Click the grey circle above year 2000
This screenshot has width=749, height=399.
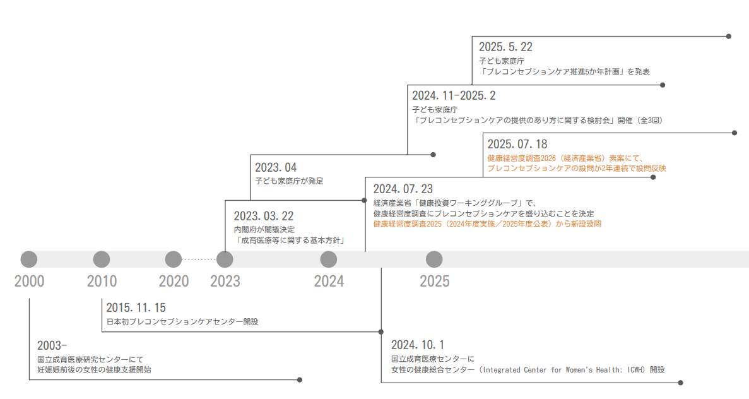click(x=29, y=259)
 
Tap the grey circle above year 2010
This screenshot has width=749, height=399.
click(x=102, y=259)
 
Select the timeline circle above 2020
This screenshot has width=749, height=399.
click(x=174, y=259)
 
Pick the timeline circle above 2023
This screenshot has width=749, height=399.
click(x=225, y=259)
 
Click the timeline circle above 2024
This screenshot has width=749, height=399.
click(x=329, y=259)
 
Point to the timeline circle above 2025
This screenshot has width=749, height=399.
click(x=434, y=259)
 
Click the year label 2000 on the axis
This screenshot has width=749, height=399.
click(x=30, y=282)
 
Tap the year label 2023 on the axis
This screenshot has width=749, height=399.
click(x=225, y=282)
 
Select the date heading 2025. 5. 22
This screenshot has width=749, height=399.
click(x=505, y=47)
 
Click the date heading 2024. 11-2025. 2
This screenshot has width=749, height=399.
click(x=454, y=96)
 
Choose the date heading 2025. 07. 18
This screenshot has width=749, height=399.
click(x=517, y=145)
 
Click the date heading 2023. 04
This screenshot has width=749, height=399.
click(x=276, y=168)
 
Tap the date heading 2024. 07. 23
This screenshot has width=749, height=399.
click(x=403, y=189)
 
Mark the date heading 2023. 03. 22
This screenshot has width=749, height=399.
click(x=263, y=217)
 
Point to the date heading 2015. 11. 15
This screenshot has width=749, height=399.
click(x=136, y=308)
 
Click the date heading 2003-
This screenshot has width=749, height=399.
click(x=52, y=345)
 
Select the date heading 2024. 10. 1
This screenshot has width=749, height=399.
click(x=418, y=345)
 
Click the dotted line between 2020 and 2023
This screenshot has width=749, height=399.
click(x=199, y=259)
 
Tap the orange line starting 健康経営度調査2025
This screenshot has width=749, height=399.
click(x=487, y=224)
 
